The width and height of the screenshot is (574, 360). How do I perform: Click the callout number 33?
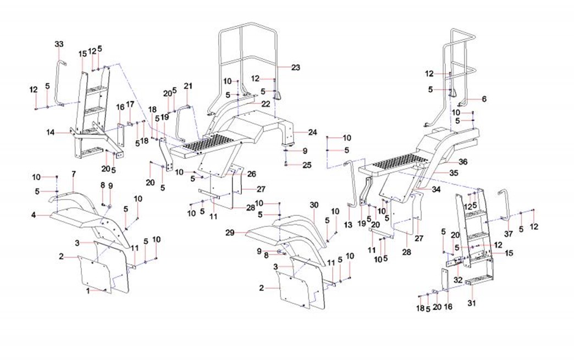coord(59,44)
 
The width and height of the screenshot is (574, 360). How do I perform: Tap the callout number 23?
coord(296,68)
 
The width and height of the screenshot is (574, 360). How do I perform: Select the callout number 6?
coord(484,99)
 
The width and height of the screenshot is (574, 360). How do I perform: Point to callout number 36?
coord(463,162)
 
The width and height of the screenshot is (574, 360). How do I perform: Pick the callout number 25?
coord(307,164)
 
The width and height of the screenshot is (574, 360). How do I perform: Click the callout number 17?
coord(130,104)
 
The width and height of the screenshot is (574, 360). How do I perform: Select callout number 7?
coord(73,174)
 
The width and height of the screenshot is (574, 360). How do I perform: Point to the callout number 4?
coord(34,215)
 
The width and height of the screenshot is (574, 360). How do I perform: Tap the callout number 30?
coord(314,204)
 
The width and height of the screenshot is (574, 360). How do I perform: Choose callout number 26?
coord(251,174)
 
